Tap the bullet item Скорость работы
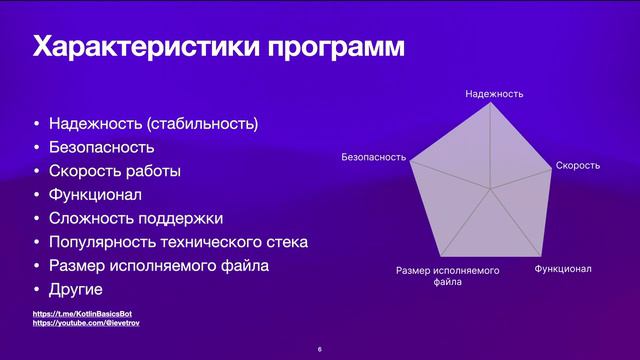[x=115, y=171]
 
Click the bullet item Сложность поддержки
[x=135, y=218]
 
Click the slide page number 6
[x=319, y=349]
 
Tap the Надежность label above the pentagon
[x=494, y=93]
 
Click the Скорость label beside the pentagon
[x=577, y=164]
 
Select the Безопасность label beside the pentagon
[x=373, y=157]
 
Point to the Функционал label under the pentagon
[x=563, y=269]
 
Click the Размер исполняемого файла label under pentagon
[x=447, y=276]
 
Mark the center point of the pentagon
[x=490, y=188]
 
